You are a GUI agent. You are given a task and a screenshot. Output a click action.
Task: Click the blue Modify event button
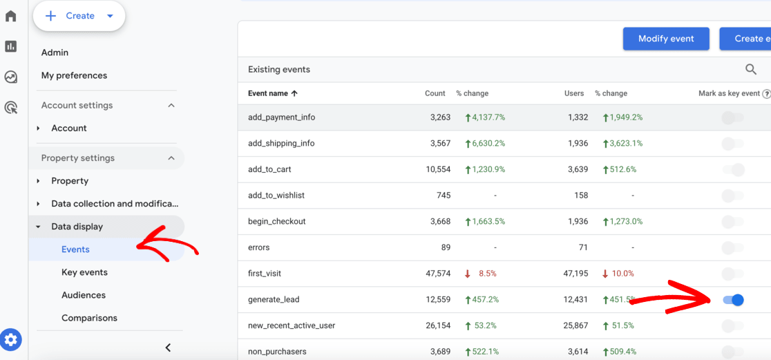pyautogui.click(x=666, y=39)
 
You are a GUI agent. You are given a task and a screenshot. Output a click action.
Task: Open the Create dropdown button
pyautogui.click(x=79, y=16)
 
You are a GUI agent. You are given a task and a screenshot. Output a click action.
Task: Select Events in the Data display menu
pyautogui.click(x=75, y=249)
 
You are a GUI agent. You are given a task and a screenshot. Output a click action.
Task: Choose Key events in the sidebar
pyautogui.click(x=84, y=272)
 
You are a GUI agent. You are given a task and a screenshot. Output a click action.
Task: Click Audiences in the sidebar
pyautogui.click(x=84, y=295)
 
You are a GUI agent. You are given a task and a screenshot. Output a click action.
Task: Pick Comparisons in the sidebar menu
pyautogui.click(x=89, y=318)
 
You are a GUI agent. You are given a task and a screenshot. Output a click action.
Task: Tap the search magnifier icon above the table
pyautogui.click(x=751, y=69)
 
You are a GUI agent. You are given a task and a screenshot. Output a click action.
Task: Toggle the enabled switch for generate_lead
pyautogui.click(x=733, y=300)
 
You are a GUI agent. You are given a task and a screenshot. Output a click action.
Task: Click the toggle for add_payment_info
pyautogui.click(x=732, y=117)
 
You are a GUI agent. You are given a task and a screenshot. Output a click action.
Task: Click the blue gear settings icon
pyautogui.click(x=11, y=340)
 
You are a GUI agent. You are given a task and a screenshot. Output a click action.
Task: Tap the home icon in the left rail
pyautogui.click(x=11, y=16)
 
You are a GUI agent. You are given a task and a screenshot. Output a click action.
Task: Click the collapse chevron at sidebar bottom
pyautogui.click(x=168, y=348)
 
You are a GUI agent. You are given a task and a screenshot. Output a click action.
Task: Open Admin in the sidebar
pyautogui.click(x=55, y=53)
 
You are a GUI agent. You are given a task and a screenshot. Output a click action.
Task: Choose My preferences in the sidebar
pyautogui.click(x=74, y=75)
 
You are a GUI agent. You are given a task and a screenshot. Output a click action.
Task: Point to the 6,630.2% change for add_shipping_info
pyautogui.click(x=486, y=144)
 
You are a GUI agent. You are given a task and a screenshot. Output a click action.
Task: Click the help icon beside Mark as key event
pyautogui.click(x=766, y=94)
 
